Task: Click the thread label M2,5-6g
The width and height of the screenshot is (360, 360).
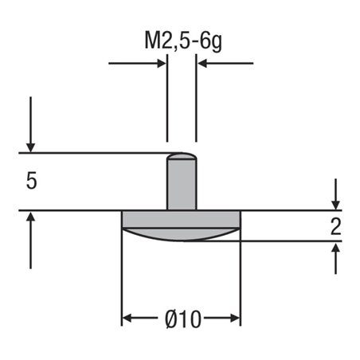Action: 182,40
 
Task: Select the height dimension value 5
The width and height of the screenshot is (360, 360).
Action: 31,182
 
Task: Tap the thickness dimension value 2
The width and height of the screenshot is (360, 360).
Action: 336,227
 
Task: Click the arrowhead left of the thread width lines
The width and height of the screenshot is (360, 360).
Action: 161,63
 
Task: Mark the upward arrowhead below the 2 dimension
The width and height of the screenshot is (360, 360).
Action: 336,248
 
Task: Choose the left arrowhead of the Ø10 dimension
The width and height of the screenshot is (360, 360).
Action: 127,319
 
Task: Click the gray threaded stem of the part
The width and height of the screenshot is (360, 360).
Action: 182,185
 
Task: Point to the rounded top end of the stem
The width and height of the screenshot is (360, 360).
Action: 182,156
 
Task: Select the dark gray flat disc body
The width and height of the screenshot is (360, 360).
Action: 181,219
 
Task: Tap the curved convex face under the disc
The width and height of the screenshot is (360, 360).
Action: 181,234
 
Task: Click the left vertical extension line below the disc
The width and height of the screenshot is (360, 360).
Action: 121,279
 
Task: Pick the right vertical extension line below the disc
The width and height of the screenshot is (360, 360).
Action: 241,279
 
